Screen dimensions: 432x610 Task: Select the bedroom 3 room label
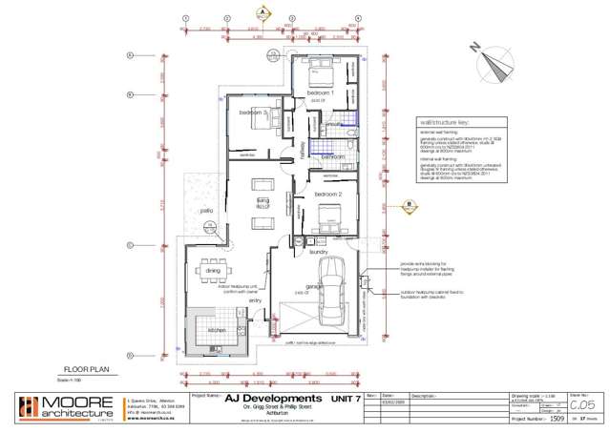click(253, 113)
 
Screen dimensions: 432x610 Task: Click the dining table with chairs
click(213, 271)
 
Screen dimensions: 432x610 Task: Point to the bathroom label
click(333, 155)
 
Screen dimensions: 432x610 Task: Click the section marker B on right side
click(408, 203)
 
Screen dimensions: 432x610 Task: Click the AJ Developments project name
click(273, 397)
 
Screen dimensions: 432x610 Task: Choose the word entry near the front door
click(255, 300)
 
